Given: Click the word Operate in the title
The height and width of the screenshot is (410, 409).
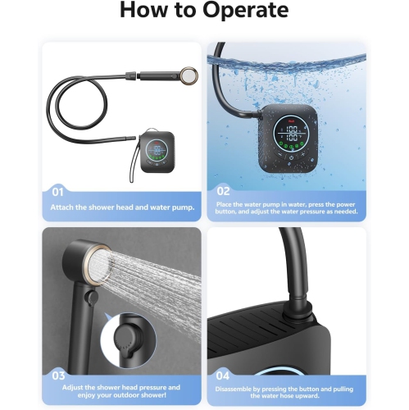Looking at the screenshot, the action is point(245,11).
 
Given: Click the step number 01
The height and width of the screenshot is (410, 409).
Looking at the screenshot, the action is point(57,192).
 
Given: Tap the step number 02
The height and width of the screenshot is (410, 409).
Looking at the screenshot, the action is point(223,191).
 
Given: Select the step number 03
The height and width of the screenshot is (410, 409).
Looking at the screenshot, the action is point(58,376).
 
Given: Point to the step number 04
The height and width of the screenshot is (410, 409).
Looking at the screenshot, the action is point(223,376).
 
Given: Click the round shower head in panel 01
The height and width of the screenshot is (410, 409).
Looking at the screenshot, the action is point(189,74).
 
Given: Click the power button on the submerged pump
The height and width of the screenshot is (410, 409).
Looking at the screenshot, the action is point(291,157).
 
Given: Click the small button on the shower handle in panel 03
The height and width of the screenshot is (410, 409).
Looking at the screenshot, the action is point(92,296).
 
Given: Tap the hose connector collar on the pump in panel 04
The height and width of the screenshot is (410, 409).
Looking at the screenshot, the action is point(299,310).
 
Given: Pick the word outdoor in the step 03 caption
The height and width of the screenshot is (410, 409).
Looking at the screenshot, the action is point(127,395).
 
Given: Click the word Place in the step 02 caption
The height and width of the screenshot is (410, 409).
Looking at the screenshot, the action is point(224,204).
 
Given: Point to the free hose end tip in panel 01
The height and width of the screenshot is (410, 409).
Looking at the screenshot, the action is point(134,138).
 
